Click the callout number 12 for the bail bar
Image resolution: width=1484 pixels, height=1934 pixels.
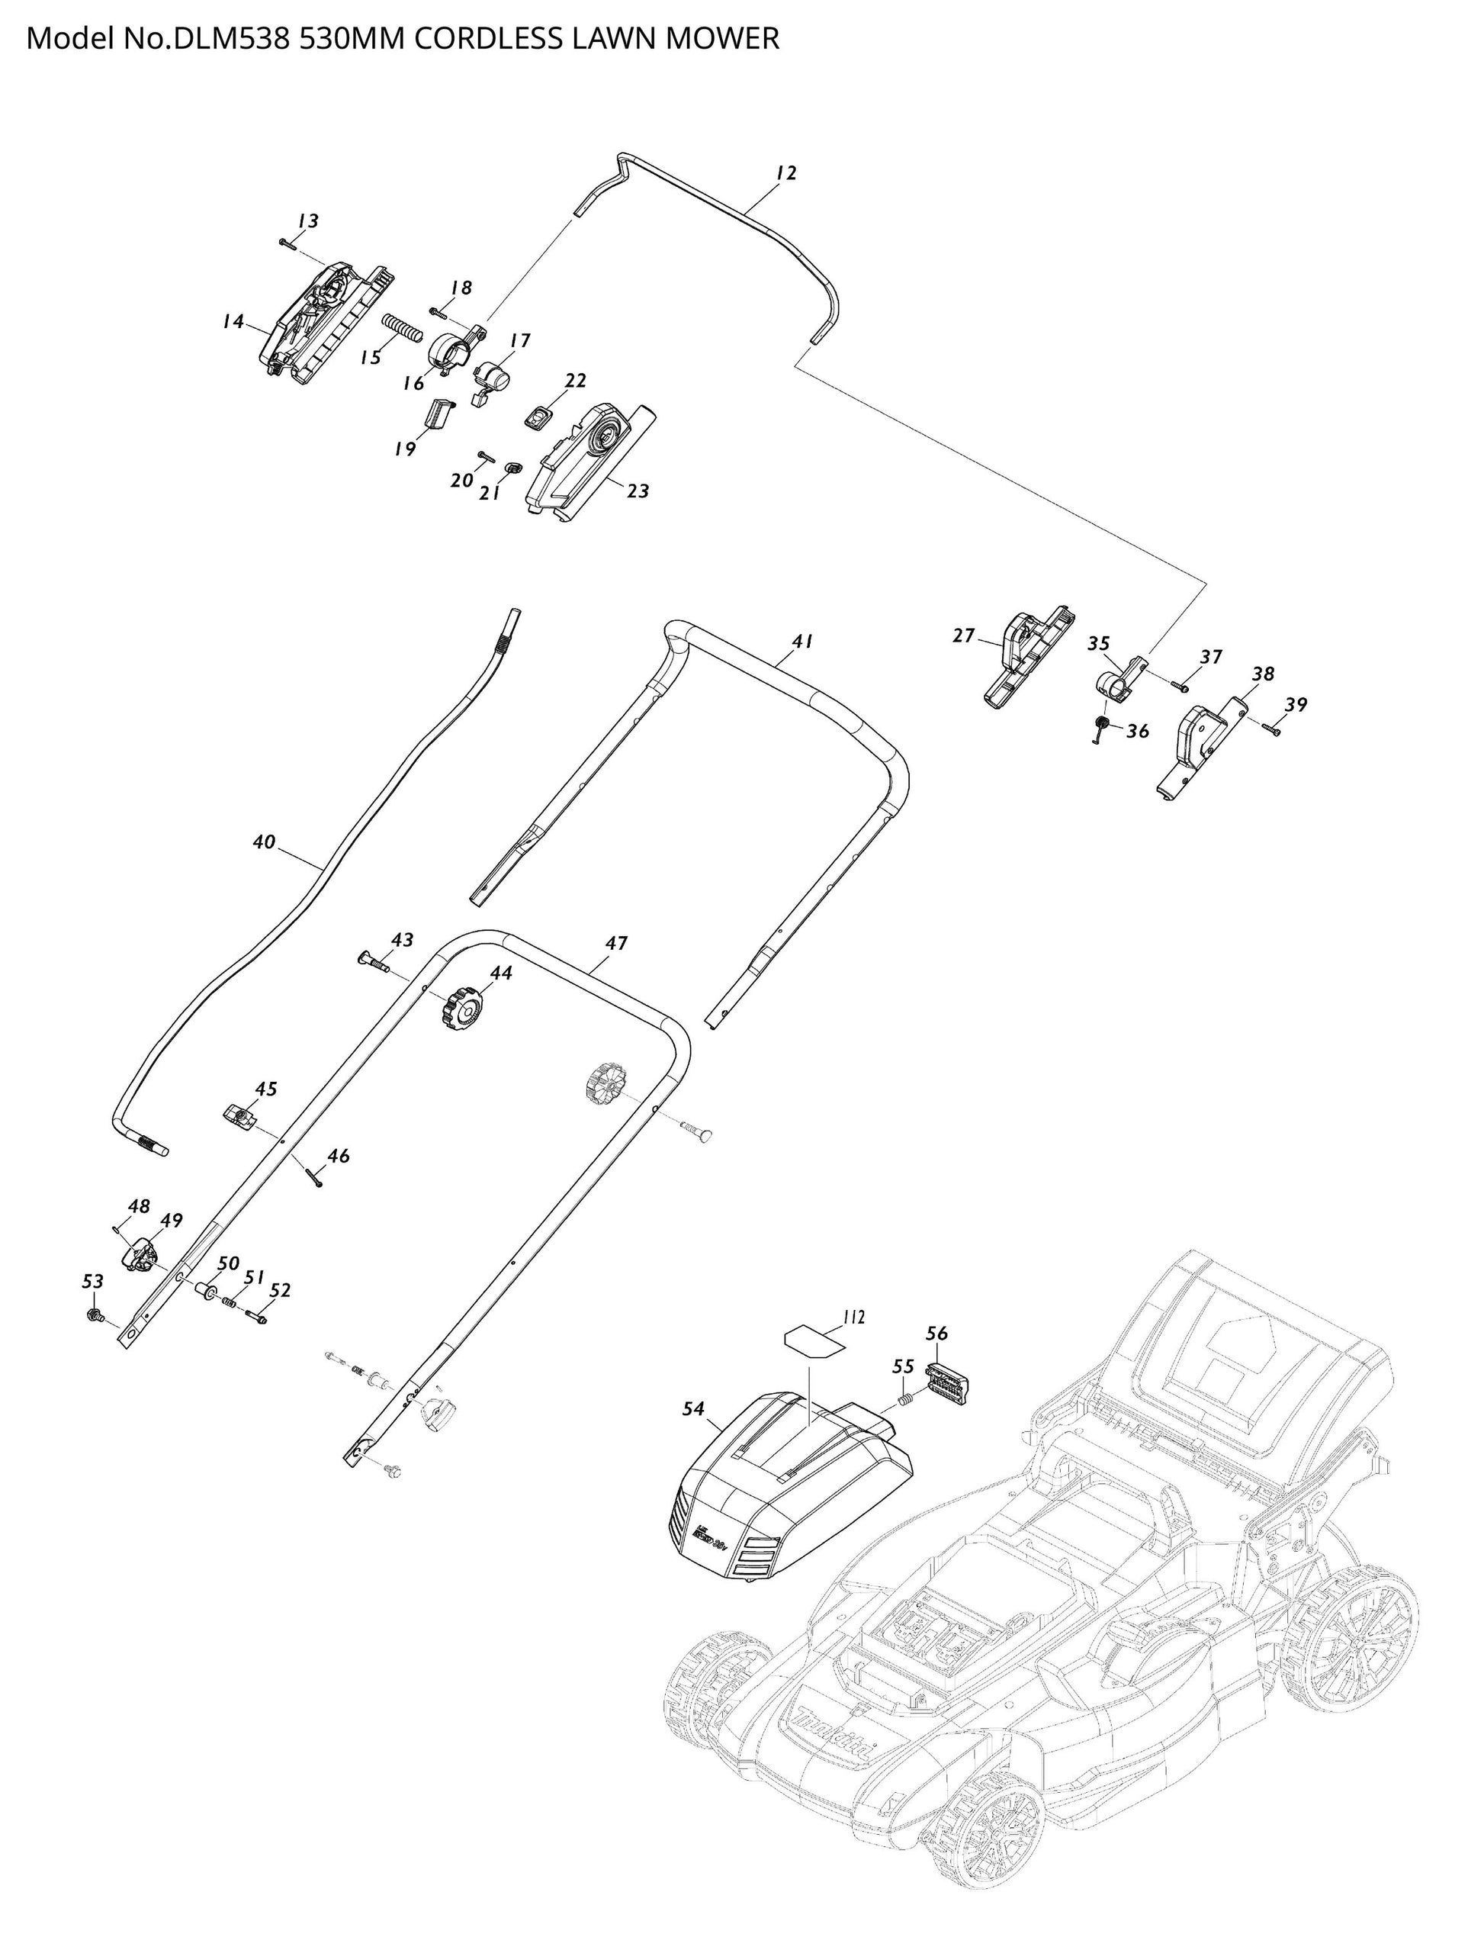pyautogui.click(x=785, y=173)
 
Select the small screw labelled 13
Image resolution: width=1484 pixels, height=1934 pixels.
pyautogui.click(x=285, y=241)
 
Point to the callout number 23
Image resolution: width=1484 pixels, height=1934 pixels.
pyautogui.click(x=638, y=491)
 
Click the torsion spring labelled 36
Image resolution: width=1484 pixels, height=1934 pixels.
pyautogui.click(x=1100, y=729)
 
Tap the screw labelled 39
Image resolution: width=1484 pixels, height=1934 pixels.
pyautogui.click(x=1271, y=728)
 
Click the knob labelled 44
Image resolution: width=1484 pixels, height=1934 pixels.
pyautogui.click(x=462, y=1007)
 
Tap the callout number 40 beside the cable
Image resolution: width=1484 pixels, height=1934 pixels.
pyautogui.click(x=264, y=842)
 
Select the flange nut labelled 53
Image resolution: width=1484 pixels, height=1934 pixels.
pyautogui.click(x=91, y=1315)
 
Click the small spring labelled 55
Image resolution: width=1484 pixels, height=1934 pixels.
pyautogui.click(x=904, y=1398)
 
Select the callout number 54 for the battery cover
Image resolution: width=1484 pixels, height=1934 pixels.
pyautogui.click(x=693, y=1409)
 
